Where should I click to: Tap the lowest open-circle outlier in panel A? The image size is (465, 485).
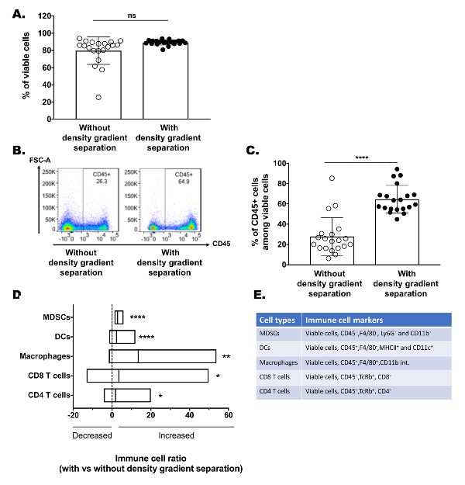click(x=98, y=97)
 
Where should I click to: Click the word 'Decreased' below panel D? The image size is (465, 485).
click(x=92, y=436)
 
